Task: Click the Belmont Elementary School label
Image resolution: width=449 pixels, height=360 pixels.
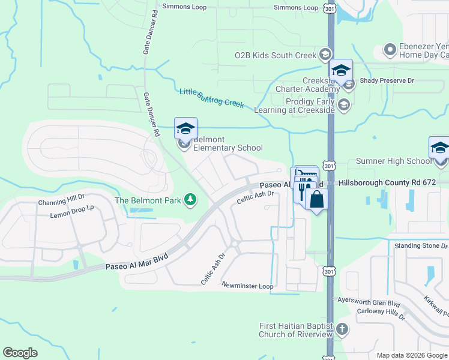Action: coord(228,143)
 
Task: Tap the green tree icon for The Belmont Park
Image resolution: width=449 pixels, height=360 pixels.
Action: coord(190,199)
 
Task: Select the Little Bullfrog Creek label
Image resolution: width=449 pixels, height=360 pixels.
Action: coord(211,98)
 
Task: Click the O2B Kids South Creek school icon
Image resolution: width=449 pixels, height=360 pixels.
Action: coord(325,55)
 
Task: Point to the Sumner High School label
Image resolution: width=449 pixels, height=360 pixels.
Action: coord(394,161)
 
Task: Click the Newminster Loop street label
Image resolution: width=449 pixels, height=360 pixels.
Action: coord(247,286)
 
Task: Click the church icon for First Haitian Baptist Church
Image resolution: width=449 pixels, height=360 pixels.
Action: coord(342,329)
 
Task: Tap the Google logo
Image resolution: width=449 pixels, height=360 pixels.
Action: coord(20,353)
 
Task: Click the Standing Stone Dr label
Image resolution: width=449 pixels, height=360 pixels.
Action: coord(420,246)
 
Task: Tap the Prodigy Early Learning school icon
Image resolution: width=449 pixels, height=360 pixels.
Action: coord(343,106)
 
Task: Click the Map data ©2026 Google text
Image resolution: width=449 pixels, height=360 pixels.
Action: coord(411,355)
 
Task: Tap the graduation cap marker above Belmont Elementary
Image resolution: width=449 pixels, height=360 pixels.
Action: coord(185,128)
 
